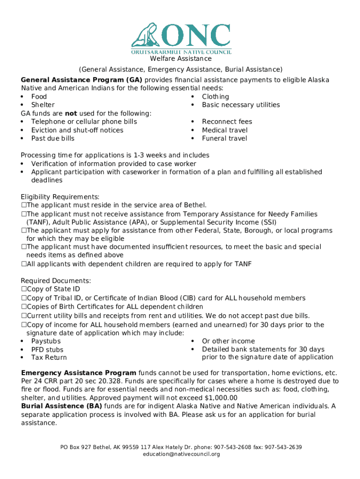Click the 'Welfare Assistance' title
point(180,59)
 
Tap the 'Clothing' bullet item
point(215,97)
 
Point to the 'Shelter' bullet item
point(43,105)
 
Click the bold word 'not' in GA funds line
point(71,114)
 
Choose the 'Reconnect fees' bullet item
point(227,122)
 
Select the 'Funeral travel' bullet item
point(224,138)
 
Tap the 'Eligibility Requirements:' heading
point(60,196)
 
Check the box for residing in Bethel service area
point(23,205)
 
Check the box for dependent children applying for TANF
point(23,264)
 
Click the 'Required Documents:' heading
point(56,281)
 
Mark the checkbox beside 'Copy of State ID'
point(23,289)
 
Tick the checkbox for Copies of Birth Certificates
point(23,307)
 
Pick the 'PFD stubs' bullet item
point(47,349)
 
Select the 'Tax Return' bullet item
point(49,357)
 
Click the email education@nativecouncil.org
point(181,454)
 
